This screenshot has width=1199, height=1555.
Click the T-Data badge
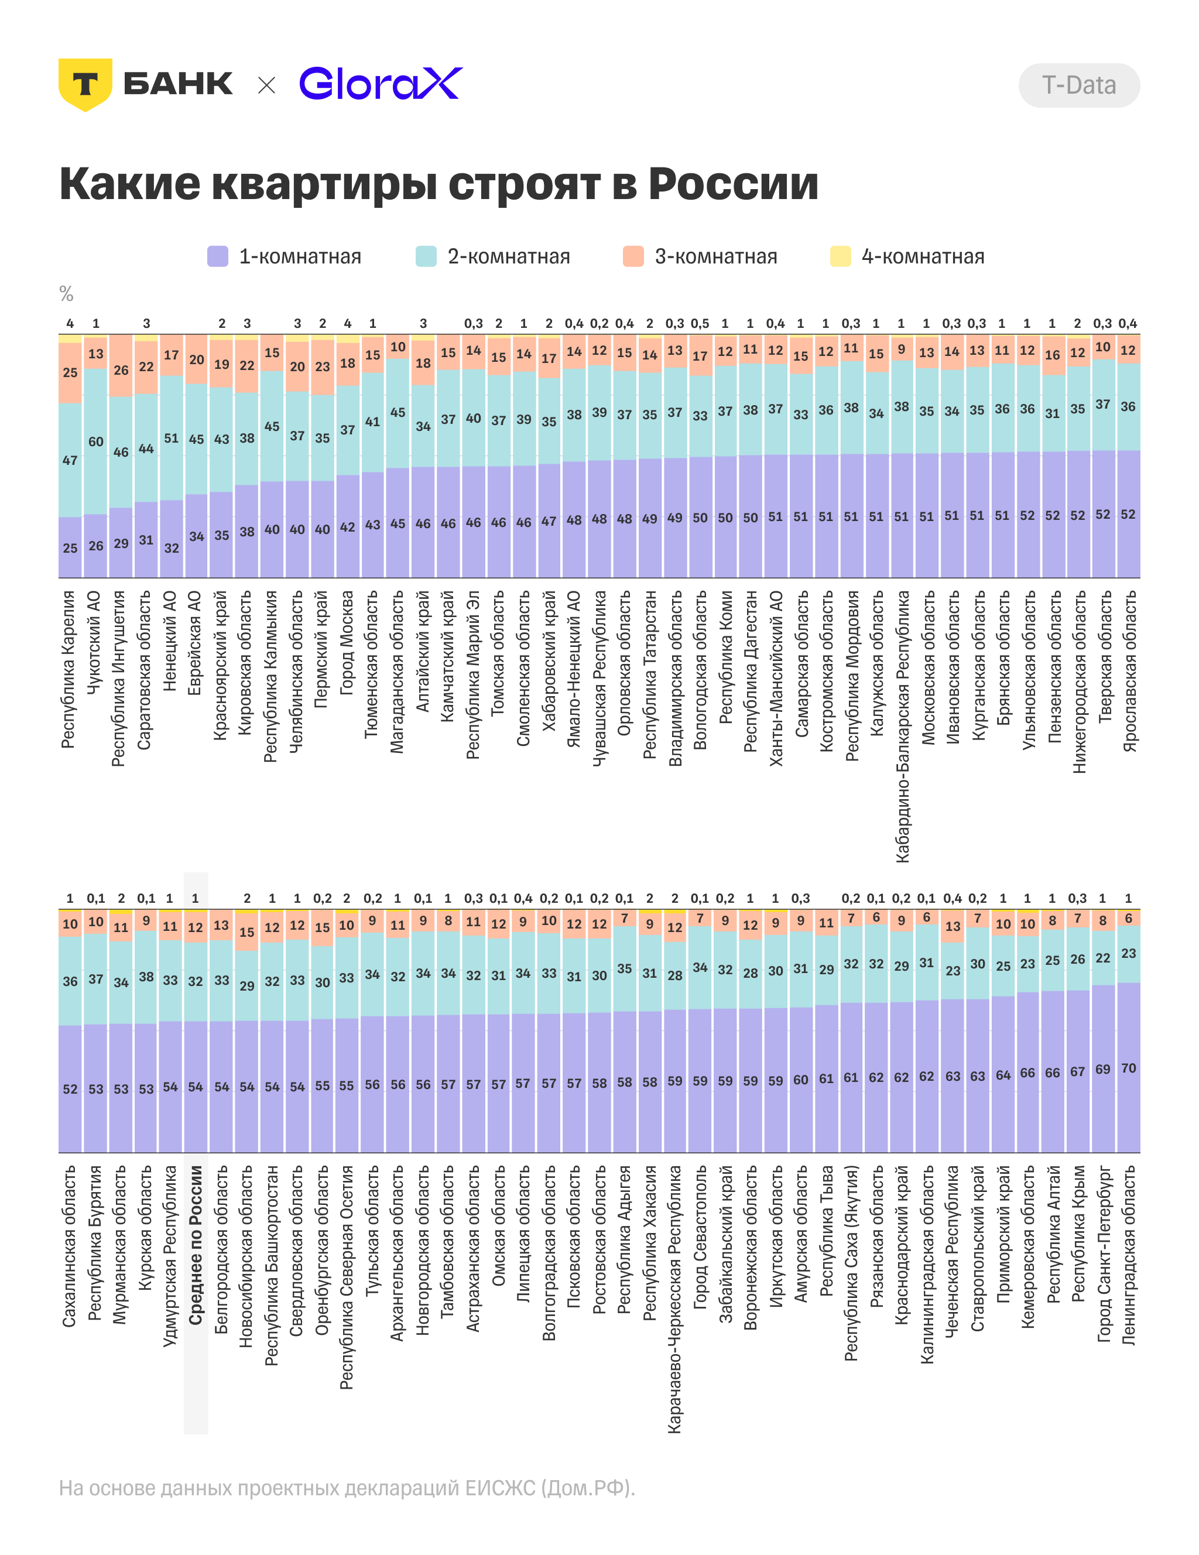point(1078,85)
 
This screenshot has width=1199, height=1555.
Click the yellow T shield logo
point(85,84)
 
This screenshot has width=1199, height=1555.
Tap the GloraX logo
point(381,84)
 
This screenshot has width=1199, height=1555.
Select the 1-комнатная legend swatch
point(218,256)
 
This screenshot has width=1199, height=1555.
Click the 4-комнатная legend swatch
point(841,256)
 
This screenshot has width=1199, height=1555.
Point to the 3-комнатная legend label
point(715,256)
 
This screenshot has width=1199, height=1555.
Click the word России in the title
point(734,184)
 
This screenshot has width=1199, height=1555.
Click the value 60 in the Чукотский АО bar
point(96,441)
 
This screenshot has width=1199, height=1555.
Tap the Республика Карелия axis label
point(68,669)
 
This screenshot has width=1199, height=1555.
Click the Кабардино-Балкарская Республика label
point(902,726)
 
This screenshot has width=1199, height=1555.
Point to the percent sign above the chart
point(66,293)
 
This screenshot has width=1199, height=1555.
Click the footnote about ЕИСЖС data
point(347,1489)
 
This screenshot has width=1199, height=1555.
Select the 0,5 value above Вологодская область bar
point(700,323)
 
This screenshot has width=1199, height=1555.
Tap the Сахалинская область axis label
point(69,1246)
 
